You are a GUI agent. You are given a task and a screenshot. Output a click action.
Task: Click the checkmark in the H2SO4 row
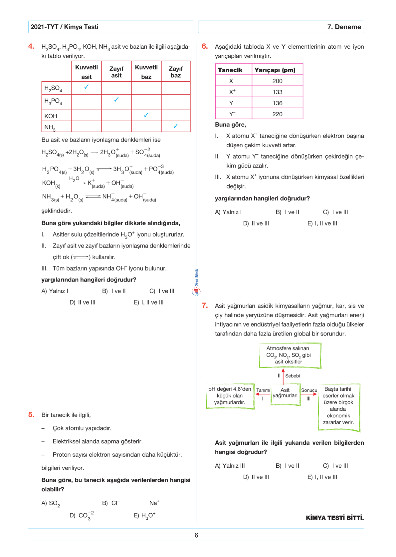(87, 87)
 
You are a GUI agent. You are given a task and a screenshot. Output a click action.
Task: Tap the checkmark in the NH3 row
(176, 126)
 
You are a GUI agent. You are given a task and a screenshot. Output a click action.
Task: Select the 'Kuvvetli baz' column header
(146, 72)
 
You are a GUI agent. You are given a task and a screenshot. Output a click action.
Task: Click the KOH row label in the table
(51, 116)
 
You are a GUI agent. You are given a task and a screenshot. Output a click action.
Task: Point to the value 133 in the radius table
(277, 92)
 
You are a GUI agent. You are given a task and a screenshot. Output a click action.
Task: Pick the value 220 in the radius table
(277, 114)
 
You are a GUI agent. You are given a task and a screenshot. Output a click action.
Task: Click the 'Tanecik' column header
(230, 70)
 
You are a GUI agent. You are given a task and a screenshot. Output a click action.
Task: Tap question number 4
(31, 46)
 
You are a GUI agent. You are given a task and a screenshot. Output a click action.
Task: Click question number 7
(205, 305)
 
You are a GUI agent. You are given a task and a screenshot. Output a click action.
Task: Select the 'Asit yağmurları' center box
(285, 393)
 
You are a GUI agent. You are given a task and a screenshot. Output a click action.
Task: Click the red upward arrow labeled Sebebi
(283, 376)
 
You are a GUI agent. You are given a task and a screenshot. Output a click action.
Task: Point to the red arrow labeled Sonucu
(309, 394)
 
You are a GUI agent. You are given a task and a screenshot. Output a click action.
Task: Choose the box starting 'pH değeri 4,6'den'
(230, 396)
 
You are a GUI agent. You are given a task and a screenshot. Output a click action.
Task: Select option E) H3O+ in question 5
(145, 515)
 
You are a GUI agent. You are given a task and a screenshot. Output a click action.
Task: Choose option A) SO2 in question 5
(51, 503)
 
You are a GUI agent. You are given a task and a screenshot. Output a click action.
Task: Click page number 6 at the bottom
(196, 535)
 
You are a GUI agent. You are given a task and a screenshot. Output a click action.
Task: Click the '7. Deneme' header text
(344, 27)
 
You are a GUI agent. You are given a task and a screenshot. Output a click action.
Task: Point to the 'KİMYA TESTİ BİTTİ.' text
(335, 518)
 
